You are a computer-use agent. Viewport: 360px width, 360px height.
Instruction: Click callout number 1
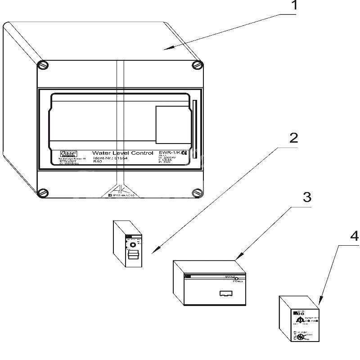pyautogui.click(x=293, y=6)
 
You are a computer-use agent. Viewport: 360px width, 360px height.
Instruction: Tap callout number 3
pyautogui.click(x=306, y=197)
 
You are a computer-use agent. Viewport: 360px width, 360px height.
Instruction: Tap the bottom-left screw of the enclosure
pyautogui.click(x=42, y=193)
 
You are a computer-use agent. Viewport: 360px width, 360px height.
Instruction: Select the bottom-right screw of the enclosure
pyautogui.click(x=197, y=193)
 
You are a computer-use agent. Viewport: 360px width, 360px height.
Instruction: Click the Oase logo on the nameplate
pyautogui.click(x=69, y=153)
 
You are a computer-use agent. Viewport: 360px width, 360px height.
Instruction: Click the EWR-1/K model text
pyautogui.click(x=168, y=153)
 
